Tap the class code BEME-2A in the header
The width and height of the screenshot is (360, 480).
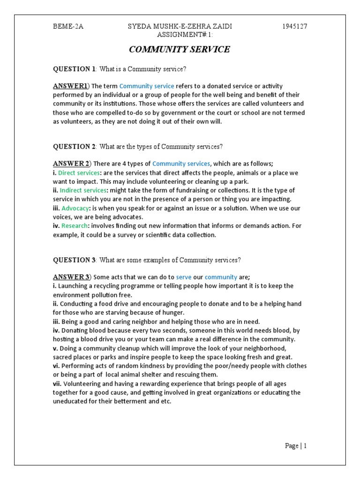click(68, 26)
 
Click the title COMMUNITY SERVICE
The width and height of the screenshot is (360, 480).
click(180, 49)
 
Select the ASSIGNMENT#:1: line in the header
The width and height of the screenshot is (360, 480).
click(180, 34)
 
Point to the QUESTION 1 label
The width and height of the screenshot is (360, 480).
click(74, 69)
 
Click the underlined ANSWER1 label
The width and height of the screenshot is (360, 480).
click(70, 86)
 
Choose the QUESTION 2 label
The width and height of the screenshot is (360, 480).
click(74, 146)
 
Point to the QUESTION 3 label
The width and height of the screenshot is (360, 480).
click(74, 260)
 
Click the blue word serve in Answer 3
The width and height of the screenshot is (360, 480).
click(184, 277)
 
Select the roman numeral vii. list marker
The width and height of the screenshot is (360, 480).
click(56, 383)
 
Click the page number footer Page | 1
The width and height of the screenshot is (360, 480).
click(296, 446)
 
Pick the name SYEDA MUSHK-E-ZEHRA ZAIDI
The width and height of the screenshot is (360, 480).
click(180, 26)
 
